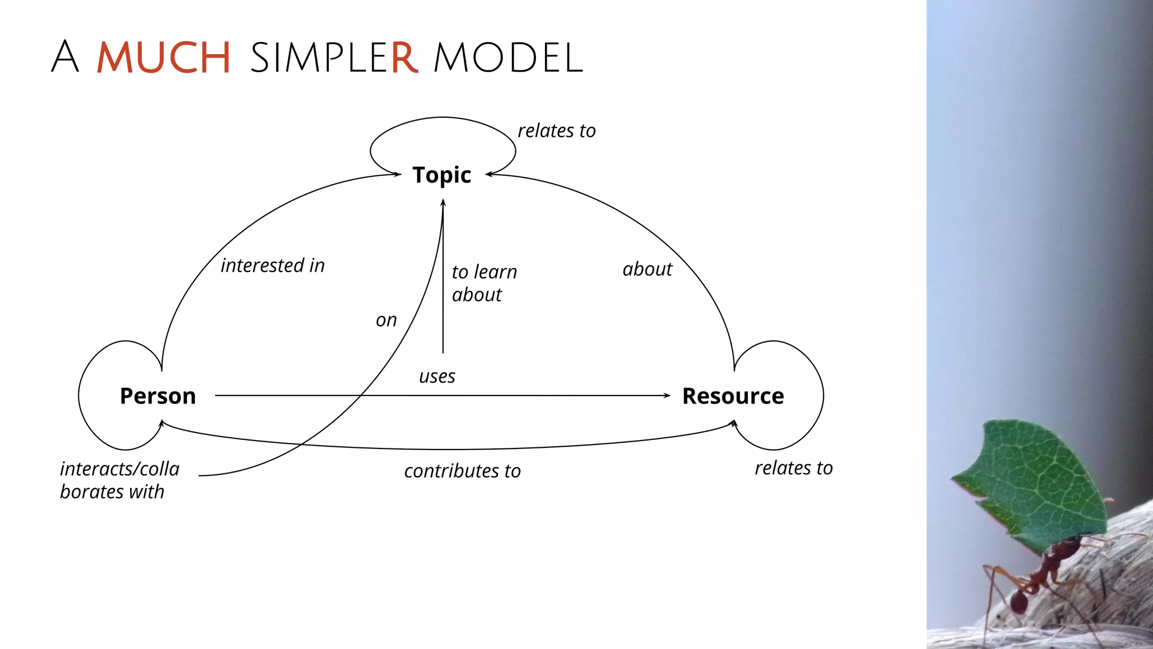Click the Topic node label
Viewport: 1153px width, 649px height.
441,175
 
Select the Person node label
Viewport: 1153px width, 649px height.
158,396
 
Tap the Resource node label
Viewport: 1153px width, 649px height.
733,396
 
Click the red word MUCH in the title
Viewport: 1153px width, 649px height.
163,57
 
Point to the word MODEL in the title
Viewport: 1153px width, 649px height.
508,57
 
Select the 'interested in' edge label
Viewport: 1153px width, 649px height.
272,265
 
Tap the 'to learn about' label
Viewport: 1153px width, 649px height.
483,283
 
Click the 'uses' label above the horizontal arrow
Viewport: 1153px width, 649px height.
437,376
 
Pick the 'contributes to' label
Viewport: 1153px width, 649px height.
462,471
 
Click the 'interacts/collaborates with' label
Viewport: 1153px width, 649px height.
119,480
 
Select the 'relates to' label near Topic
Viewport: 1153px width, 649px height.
556,131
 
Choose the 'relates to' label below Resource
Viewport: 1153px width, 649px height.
793,468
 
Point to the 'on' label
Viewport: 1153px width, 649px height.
386,320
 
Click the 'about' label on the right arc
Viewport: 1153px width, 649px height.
647,269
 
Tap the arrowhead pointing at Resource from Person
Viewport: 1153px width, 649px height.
667,395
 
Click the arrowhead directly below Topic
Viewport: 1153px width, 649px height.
443,203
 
